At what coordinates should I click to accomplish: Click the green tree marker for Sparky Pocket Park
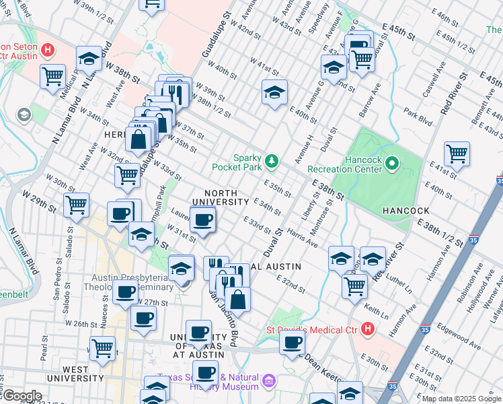tap(272, 160)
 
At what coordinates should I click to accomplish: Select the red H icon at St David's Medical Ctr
tap(366, 329)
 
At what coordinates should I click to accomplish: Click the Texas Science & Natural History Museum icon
tap(268, 382)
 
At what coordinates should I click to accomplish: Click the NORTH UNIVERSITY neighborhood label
tap(221, 197)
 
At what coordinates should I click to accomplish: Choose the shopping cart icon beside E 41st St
tap(457, 154)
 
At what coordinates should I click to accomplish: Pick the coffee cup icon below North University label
tap(202, 219)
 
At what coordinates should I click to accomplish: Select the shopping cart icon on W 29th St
tap(76, 203)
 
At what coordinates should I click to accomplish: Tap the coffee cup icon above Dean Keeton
tap(292, 343)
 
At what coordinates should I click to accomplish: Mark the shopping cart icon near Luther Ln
tap(354, 285)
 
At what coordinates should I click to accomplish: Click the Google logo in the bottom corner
tap(22, 395)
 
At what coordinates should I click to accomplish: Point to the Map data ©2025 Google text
tap(461, 399)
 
